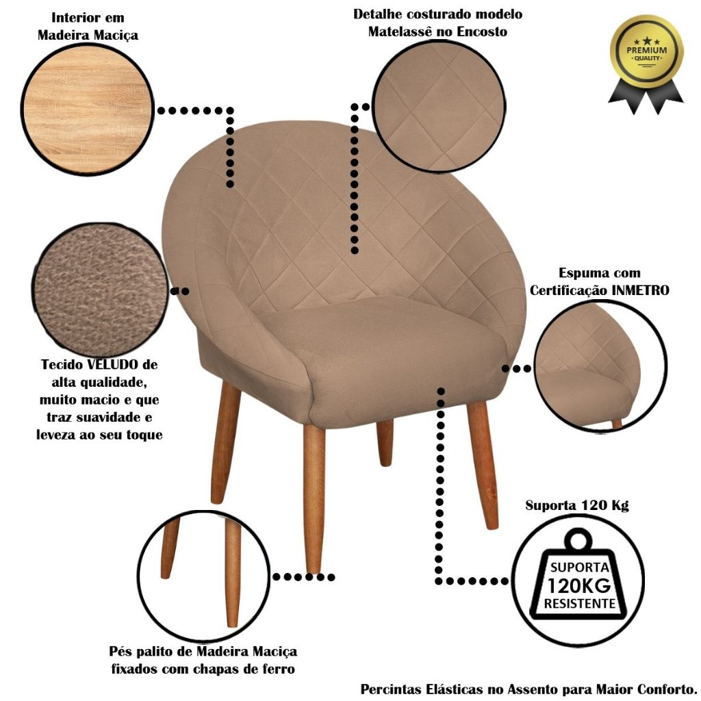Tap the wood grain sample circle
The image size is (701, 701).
[88, 110]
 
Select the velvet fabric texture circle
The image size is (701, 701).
[100, 290]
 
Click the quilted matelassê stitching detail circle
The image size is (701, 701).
[439, 107]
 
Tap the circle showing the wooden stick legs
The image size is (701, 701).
[204, 576]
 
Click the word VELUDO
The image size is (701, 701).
[112, 364]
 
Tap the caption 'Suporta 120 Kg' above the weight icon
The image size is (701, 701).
[576, 506]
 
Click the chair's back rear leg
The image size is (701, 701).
[385, 443]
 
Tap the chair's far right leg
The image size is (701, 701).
[483, 465]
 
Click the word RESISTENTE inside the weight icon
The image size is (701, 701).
[579, 604]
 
